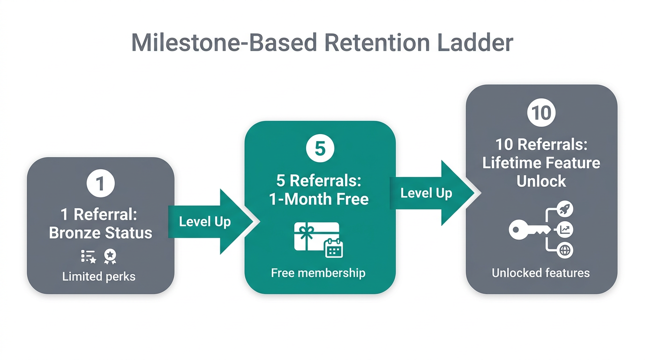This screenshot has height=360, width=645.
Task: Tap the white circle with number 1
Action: click(x=100, y=183)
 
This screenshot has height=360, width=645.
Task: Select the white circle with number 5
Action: click(x=320, y=149)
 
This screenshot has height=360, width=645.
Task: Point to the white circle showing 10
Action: click(x=541, y=113)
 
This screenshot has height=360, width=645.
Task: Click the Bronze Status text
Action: click(x=100, y=233)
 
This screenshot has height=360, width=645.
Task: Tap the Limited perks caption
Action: click(x=99, y=277)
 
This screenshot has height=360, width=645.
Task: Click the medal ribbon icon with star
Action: click(x=110, y=256)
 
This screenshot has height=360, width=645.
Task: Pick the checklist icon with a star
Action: click(x=88, y=256)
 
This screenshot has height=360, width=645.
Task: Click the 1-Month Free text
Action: click(x=319, y=199)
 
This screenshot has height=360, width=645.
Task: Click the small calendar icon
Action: click(x=334, y=248)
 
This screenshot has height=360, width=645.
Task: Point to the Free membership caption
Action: click(x=318, y=273)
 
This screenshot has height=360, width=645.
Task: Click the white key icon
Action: click(x=529, y=230)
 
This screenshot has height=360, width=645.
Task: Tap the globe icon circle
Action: click(x=565, y=250)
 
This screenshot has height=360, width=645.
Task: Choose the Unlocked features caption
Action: click(x=540, y=273)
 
